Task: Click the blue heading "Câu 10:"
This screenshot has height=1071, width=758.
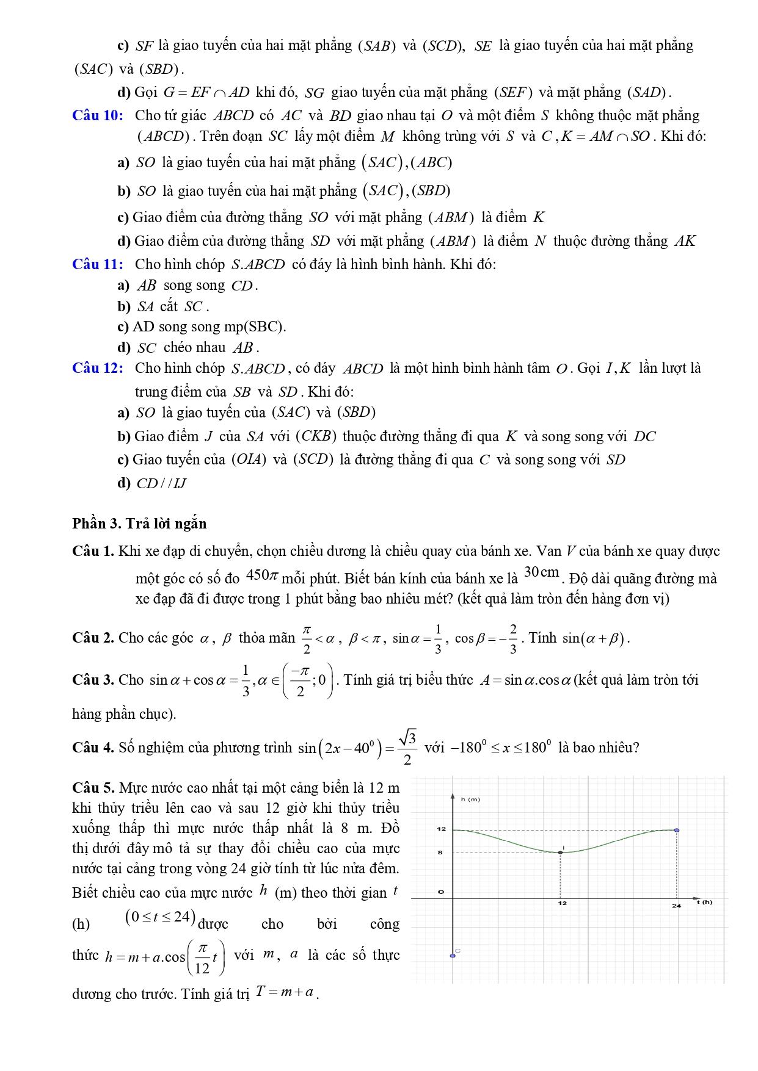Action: coord(97,115)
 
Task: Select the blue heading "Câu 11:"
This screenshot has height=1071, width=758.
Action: coord(97,264)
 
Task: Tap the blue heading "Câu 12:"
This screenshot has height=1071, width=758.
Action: coord(97,368)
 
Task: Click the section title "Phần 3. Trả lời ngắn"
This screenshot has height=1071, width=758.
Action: coord(139,524)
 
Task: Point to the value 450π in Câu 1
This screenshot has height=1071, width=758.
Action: coord(261,575)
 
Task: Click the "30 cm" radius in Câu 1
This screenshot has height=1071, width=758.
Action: coord(541,572)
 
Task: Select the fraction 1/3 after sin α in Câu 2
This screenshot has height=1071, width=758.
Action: coord(437,638)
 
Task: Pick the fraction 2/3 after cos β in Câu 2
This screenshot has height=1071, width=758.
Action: coord(512,638)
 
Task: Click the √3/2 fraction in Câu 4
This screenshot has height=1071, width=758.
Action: coord(408,747)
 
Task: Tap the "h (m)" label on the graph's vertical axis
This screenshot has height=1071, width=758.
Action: coord(470,799)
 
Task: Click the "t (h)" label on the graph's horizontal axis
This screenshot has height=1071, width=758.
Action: coord(705,902)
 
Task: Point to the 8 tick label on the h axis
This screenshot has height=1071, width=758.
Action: coord(440,852)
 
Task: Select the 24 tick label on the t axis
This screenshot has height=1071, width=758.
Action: coord(676,906)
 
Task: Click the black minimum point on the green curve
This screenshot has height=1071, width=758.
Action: coord(561,852)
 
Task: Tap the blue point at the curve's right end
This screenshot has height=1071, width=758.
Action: coord(677,830)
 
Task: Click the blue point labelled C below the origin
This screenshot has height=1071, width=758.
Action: coord(453,956)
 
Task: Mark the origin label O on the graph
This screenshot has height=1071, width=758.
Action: coord(441,892)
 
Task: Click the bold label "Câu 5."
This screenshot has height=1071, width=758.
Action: coord(93,788)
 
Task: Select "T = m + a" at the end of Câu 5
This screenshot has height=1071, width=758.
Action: coord(285,992)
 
